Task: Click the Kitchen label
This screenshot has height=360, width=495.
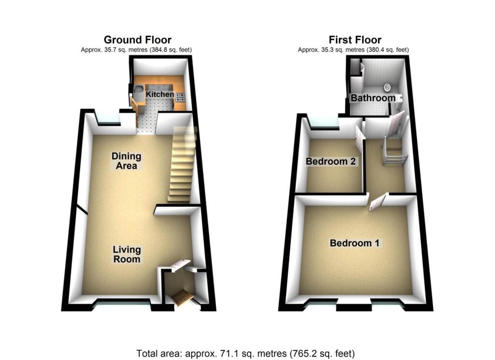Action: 160,94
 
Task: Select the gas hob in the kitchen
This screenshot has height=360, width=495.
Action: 180,96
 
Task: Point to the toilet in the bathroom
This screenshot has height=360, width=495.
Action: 387,87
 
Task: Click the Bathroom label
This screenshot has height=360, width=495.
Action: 373,98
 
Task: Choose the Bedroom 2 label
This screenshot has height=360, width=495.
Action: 331,161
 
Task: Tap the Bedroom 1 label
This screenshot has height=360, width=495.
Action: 354,243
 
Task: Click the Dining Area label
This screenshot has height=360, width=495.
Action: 126,161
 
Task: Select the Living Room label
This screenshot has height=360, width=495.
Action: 127,254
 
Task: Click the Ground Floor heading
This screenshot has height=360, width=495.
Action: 137,40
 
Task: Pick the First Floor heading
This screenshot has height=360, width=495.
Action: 355,40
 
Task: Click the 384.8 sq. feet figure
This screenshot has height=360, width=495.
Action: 169,50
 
